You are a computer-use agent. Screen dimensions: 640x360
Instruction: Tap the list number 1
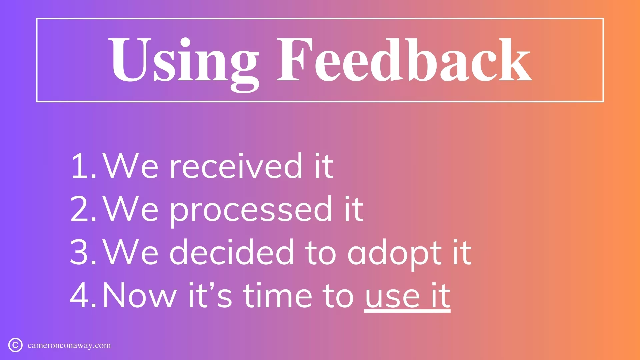83,166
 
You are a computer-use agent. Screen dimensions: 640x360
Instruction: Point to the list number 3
83,252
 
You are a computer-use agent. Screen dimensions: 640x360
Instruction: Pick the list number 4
83,295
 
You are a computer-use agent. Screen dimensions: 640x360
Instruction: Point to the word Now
140,295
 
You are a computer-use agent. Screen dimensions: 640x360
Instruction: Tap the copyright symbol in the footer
15,345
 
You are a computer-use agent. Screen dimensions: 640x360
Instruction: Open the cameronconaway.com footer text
69,346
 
